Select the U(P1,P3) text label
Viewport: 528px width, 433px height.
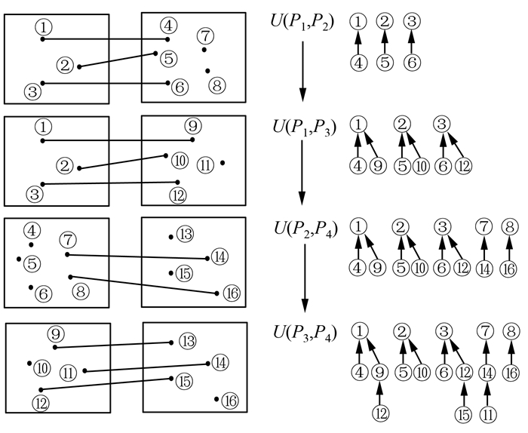tap(301, 124)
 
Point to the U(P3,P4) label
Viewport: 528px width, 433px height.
tap(301, 332)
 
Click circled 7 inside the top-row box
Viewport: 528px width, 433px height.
tap(204, 35)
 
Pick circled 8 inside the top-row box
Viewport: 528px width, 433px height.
tap(216, 84)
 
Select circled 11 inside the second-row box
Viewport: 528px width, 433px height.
tap(206, 164)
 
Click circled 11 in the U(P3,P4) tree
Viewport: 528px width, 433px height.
tap(489, 413)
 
